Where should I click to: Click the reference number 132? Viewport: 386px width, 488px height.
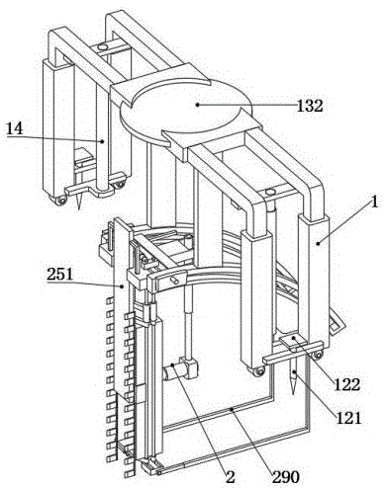tap(310, 106)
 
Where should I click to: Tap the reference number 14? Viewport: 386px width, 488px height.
tap(15, 128)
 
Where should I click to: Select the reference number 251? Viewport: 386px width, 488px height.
tap(59, 274)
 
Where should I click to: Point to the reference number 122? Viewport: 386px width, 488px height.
tap(347, 384)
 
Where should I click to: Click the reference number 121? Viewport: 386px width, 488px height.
tap(348, 418)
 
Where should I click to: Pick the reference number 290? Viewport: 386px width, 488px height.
tap(286, 477)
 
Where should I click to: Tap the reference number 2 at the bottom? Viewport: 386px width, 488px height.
tap(230, 476)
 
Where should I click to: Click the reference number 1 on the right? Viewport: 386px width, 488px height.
tap(373, 202)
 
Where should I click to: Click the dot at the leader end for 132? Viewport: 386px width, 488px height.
tap(197, 105)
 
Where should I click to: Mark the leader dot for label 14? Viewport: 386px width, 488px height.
tap(103, 141)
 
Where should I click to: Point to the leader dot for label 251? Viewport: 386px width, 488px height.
tap(123, 286)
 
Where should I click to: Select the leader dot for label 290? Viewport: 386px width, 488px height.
tap(232, 410)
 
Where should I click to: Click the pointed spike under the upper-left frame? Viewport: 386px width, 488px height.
tap(79, 201)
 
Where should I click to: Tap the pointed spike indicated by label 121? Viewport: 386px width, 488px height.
tap(293, 377)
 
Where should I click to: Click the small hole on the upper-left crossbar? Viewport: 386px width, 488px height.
tap(103, 47)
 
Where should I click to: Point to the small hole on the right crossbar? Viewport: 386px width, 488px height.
tap(270, 192)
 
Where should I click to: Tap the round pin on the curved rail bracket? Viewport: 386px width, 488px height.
tap(174, 280)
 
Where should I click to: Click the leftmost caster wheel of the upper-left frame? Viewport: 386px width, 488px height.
tap(60, 201)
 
